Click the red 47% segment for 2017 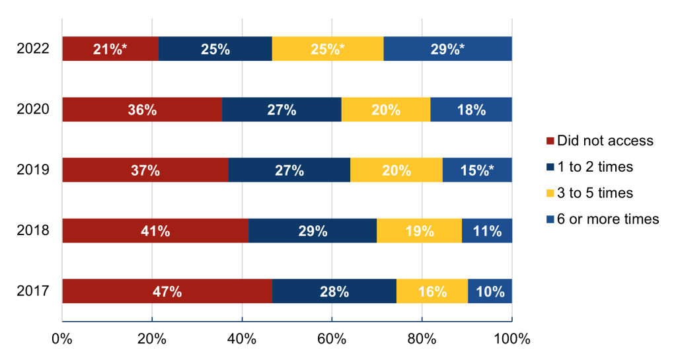click(167, 291)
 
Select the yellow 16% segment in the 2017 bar click(432, 291)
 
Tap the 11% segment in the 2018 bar click(486, 231)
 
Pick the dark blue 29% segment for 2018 click(312, 231)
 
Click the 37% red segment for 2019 click(145, 170)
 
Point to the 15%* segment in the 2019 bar click(476, 170)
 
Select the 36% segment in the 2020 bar click(141, 110)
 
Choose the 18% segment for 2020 click(470, 110)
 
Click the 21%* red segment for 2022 click(110, 49)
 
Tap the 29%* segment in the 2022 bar click(447, 49)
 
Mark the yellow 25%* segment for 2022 click(328, 49)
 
